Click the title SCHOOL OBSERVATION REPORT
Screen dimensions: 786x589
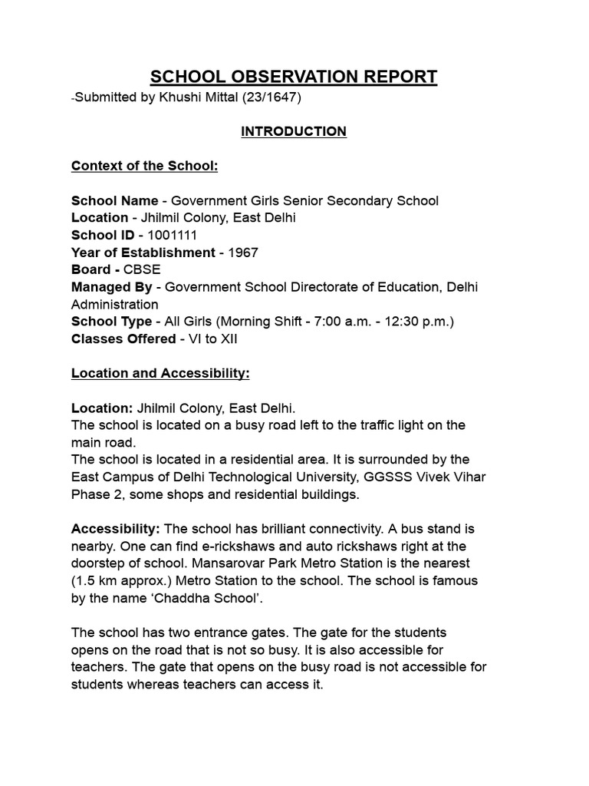[x=294, y=77]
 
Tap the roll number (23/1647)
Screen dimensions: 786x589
[x=275, y=97]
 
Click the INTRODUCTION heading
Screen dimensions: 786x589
[x=294, y=131]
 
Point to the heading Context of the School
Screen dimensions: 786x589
[x=139, y=166]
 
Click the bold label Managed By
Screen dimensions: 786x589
[x=112, y=287]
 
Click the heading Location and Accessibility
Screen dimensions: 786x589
[x=160, y=373]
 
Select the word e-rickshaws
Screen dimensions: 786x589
[x=216, y=546]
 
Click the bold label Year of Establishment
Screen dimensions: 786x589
[x=143, y=253]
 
